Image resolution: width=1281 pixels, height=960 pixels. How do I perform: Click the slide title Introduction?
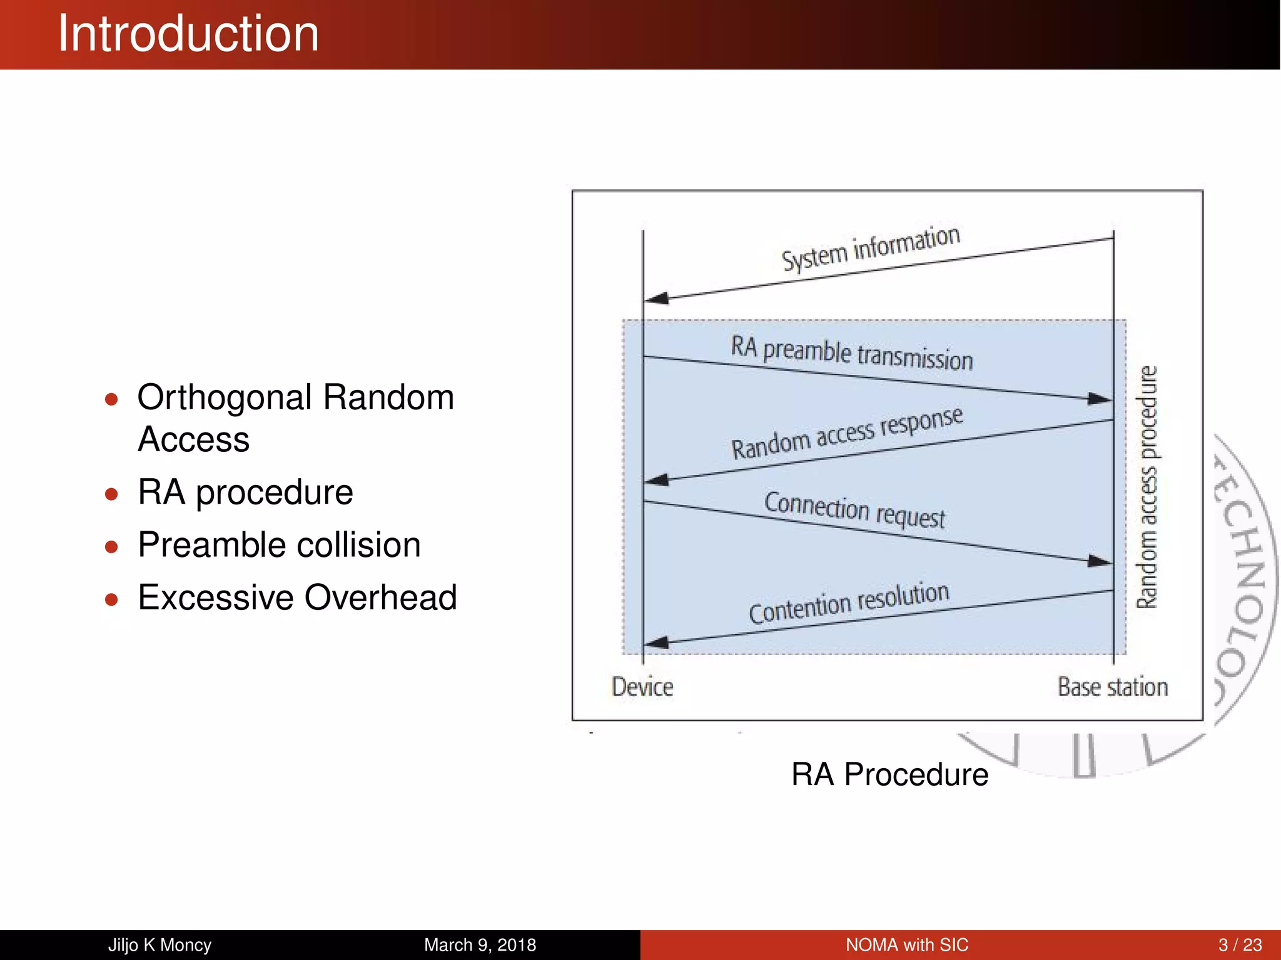pyautogui.click(x=188, y=34)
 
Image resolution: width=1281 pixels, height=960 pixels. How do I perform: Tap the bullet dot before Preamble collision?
pyautogui.click(x=111, y=547)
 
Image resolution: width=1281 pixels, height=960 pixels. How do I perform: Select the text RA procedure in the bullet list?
pyautogui.click(x=245, y=492)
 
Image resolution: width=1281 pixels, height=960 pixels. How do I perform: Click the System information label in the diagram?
pyautogui.click(x=871, y=247)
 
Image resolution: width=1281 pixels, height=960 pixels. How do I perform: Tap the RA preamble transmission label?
pyautogui.click(x=852, y=353)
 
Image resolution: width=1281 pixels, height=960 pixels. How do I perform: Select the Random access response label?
pyautogui.click(x=847, y=433)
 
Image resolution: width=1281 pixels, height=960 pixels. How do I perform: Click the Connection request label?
pyautogui.click(x=854, y=510)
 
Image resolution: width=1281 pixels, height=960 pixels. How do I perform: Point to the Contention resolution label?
pyautogui.click(x=849, y=603)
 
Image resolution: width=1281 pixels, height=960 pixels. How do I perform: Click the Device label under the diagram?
pyautogui.click(x=642, y=687)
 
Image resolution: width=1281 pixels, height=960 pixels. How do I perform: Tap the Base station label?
pyautogui.click(x=1113, y=687)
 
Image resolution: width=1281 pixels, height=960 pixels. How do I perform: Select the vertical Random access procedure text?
pyautogui.click(x=1147, y=487)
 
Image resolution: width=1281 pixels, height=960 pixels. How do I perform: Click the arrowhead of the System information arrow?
pyautogui.click(x=656, y=298)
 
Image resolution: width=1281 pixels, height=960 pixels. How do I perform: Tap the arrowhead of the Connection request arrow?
pyautogui.click(x=1100, y=561)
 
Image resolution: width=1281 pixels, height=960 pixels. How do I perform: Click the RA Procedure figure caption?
pyautogui.click(x=889, y=775)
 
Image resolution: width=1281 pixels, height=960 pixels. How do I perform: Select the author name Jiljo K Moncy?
pyautogui.click(x=159, y=945)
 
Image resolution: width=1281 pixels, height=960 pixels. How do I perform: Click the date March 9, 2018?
pyautogui.click(x=480, y=945)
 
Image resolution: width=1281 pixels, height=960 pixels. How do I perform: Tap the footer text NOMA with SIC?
pyautogui.click(x=906, y=945)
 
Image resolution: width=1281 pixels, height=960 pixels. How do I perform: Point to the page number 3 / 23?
pyautogui.click(x=1240, y=945)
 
